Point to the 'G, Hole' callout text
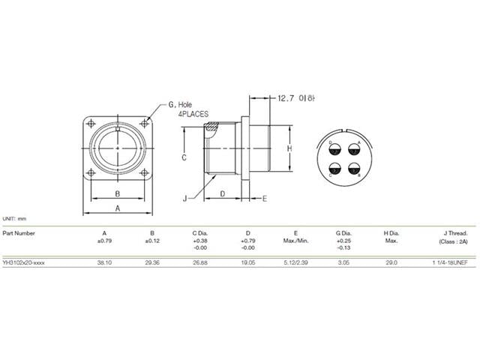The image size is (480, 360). [182, 104]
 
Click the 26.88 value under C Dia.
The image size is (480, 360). [200, 264]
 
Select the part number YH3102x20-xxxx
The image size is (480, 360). [28, 264]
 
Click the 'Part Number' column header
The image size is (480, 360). [19, 232]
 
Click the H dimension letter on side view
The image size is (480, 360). [289, 148]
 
